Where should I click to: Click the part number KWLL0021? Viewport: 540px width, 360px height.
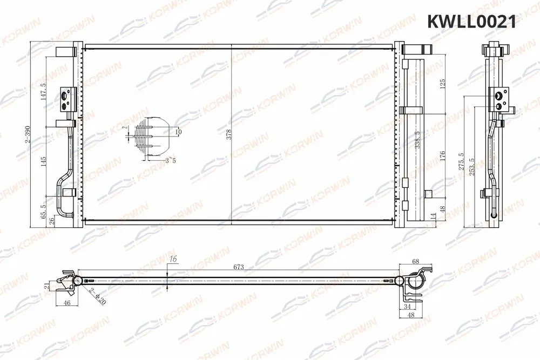pos(471,21)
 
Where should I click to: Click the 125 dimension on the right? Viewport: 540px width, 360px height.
pos(442,85)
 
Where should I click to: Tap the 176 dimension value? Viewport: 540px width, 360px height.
pos(442,157)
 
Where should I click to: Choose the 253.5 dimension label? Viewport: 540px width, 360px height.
pos(472,168)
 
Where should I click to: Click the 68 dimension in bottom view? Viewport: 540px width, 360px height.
pos(416,262)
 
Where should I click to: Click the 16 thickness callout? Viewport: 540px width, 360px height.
pos(173,260)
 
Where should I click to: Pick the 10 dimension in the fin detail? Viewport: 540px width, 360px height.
pos(179,131)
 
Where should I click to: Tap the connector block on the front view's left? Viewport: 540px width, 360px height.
pos(67,98)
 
